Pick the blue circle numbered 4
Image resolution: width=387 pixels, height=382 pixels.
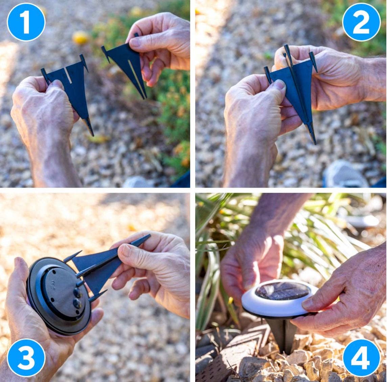click(361, 358)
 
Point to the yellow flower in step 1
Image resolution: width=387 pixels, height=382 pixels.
click(81, 37)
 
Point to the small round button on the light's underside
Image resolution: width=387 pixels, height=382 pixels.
click(77, 303)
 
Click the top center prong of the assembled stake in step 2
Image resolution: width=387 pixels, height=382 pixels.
click(287, 51)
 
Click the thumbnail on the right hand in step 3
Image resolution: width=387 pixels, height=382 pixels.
click(126, 251)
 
